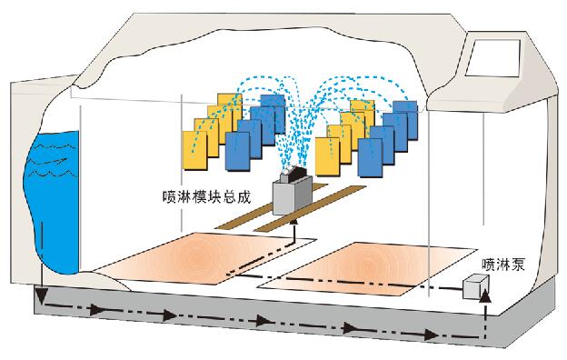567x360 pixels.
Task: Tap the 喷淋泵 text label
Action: click(502, 265)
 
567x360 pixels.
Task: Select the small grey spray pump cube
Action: click(474, 287)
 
